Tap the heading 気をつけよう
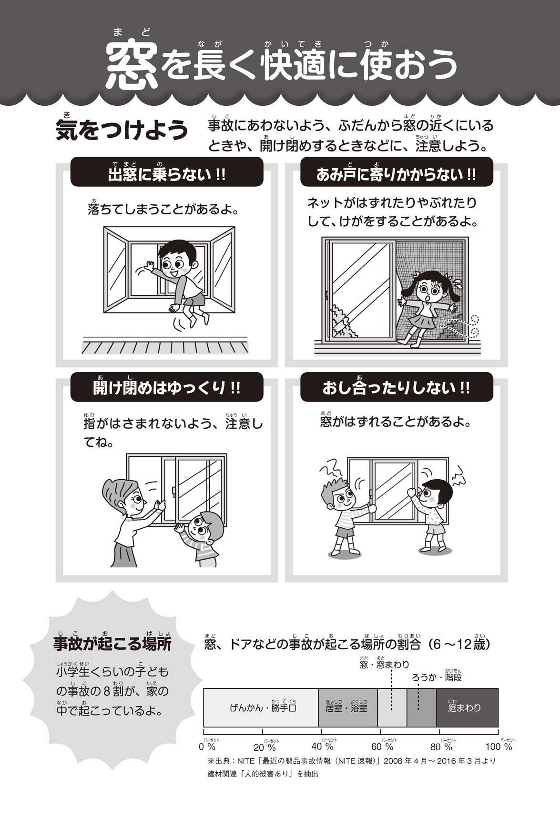tap(122, 130)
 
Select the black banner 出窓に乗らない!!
tap(167, 172)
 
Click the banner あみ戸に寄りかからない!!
tap(397, 172)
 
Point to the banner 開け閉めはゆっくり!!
tap(167, 387)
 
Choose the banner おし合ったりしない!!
tap(397, 387)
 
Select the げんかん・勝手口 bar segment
tap(261, 707)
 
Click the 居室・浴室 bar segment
tap(348, 707)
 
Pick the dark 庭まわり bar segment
tap(467, 707)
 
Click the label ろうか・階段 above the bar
tap(437, 677)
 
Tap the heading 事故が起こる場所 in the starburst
tap(112, 644)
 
